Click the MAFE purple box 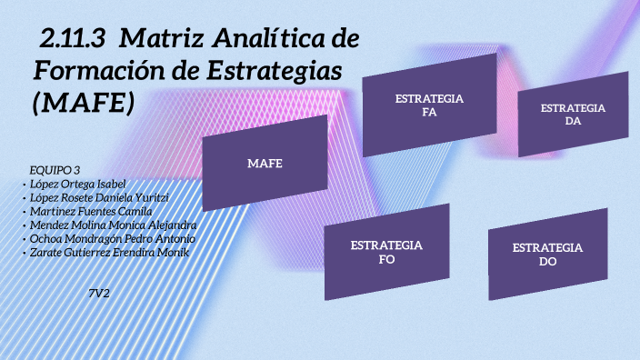click(x=265, y=163)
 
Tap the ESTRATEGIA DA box click(x=573, y=115)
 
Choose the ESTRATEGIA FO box click(x=386, y=253)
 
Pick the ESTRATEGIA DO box click(x=547, y=254)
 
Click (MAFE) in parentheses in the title click(x=83, y=103)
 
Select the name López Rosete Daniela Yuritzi click(x=99, y=197)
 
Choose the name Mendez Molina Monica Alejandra click(x=113, y=225)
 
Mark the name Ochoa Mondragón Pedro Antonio click(x=112, y=238)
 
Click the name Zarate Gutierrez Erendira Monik click(x=109, y=252)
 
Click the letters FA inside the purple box click(x=430, y=113)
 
